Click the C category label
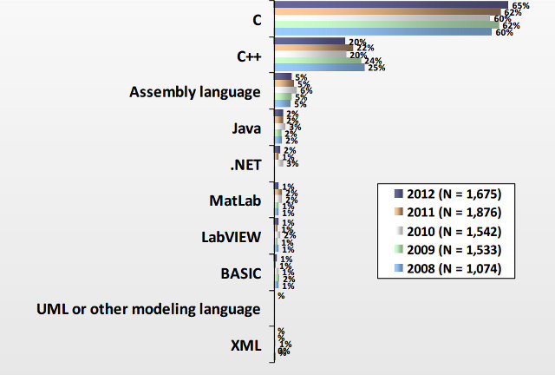coord(254,18)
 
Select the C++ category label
coord(249,55)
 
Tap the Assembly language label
coord(195,91)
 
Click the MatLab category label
coord(236,201)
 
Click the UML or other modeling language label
coord(148,309)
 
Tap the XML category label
coord(245,345)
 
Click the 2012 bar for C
coord(390,4)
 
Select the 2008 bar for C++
coord(318,67)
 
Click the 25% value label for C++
coord(375,67)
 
